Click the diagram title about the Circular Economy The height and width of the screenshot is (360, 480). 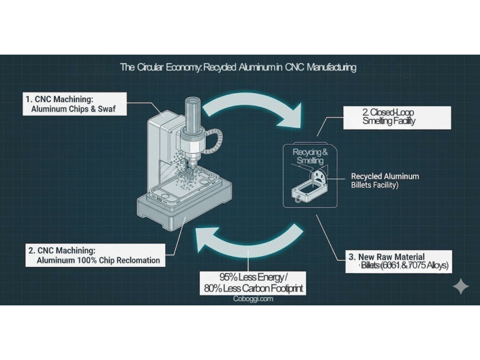238,67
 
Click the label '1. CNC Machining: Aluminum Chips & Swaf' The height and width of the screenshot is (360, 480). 75,103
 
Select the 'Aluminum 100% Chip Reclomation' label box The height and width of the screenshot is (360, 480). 94,254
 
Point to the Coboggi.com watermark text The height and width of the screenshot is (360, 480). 253,298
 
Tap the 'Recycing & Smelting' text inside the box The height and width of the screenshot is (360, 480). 310,156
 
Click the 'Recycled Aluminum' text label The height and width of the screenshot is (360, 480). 385,176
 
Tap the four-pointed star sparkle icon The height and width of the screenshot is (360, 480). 460,287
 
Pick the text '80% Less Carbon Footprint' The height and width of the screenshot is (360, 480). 253,289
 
